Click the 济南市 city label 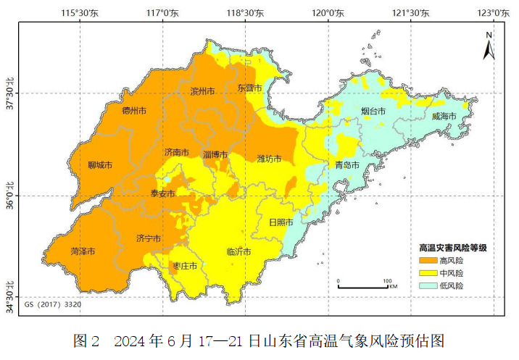176,153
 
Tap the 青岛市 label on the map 346,165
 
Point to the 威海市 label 444,116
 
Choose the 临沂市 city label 238,252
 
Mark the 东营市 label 249,88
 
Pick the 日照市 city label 281,222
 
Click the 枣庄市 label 184,267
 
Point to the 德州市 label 134,111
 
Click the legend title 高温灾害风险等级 452,247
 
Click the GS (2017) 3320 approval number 53,305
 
